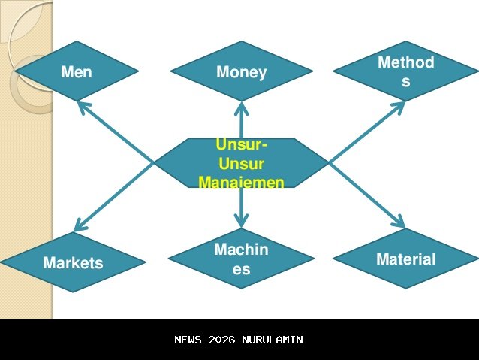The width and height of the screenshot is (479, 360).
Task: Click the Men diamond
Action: (x=76, y=71)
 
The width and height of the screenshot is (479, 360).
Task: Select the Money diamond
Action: (x=241, y=71)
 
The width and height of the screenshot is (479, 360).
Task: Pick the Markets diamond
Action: (x=73, y=262)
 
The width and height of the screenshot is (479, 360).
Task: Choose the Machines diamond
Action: (x=241, y=259)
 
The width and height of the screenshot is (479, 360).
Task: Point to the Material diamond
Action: (x=405, y=259)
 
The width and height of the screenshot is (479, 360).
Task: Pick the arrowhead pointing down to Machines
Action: (x=241, y=221)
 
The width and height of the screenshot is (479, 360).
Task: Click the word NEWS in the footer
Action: (x=188, y=340)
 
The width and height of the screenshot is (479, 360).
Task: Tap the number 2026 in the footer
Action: (x=222, y=340)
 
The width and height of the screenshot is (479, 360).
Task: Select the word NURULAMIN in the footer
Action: (x=273, y=340)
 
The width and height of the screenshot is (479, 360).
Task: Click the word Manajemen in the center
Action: (x=241, y=182)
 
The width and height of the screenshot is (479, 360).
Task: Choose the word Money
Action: (x=241, y=72)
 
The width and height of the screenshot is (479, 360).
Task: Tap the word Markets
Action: (x=73, y=263)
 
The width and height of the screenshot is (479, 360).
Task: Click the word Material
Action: (x=405, y=259)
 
